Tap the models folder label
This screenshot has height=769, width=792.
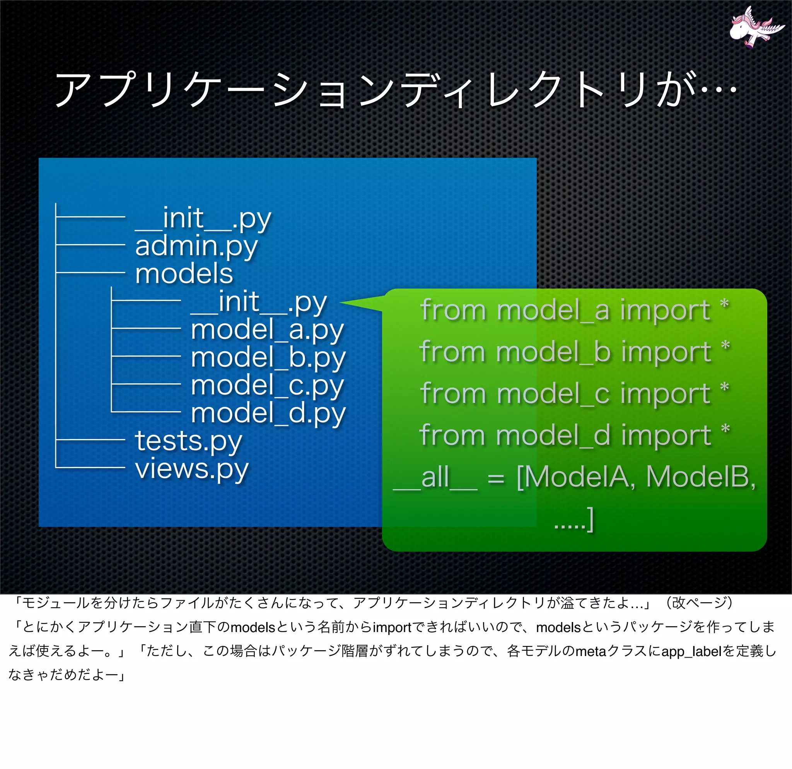pyautogui.click(x=184, y=273)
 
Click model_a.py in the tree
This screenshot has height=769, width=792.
pyautogui.click(x=267, y=330)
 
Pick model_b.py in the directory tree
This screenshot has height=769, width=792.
pyautogui.click(x=268, y=358)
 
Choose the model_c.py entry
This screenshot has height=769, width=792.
pyautogui.click(x=267, y=386)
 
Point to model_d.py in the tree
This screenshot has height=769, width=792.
pyautogui.click(x=268, y=414)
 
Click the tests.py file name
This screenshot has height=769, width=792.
pyautogui.click(x=188, y=441)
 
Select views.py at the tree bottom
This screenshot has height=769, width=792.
pyautogui.click(x=191, y=469)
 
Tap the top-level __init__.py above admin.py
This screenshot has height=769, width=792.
pyautogui.click(x=203, y=218)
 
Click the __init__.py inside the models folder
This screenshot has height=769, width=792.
pyautogui.click(x=259, y=302)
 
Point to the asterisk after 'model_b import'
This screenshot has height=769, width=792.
pyautogui.click(x=725, y=346)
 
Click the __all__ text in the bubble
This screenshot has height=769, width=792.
pyautogui.click(x=435, y=478)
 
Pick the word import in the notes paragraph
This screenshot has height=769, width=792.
pyautogui.click(x=392, y=627)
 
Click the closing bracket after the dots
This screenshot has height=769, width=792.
pyautogui.click(x=590, y=519)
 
